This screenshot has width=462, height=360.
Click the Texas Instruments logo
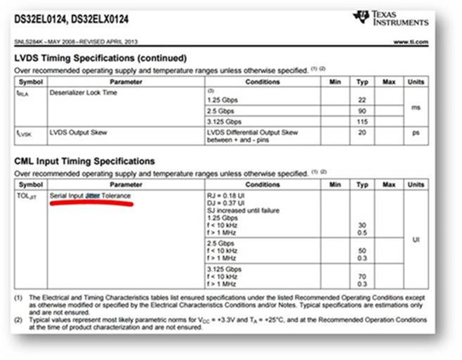[391, 18]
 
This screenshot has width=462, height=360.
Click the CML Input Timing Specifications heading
[85, 161]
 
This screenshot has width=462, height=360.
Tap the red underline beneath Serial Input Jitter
[91, 203]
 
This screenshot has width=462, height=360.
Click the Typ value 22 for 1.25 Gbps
[362, 100]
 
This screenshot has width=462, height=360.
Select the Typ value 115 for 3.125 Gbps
[362, 121]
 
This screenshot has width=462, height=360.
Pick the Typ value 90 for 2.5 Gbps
[362, 110]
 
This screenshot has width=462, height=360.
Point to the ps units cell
[416, 132]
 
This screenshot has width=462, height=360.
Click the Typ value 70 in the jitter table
[362, 276]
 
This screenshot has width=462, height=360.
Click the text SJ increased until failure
[243, 210]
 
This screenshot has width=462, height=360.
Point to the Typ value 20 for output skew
[362, 132]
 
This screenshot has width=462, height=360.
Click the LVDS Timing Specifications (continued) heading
[101, 58]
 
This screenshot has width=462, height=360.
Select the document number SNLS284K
[30, 42]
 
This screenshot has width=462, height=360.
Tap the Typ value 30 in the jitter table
[362, 225]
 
